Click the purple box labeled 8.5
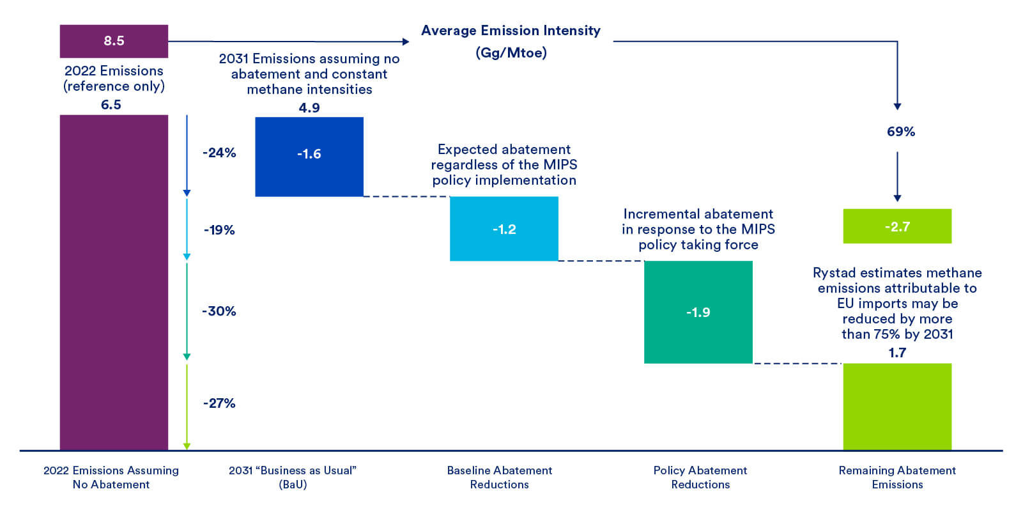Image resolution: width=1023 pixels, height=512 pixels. [114, 41]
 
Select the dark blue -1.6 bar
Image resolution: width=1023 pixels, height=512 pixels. [309, 156]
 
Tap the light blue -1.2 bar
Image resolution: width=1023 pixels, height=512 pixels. [504, 228]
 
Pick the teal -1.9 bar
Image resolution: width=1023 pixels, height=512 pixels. [698, 312]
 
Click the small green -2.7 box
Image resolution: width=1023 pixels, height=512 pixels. [896, 226]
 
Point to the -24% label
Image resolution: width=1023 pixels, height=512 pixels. [219, 153]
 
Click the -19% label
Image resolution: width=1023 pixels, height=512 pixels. [219, 230]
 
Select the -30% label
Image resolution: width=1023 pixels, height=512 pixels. [219, 311]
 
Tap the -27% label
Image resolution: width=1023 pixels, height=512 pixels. [219, 403]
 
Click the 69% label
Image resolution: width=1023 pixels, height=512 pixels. [900, 132]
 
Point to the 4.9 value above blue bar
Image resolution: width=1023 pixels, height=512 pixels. [309, 107]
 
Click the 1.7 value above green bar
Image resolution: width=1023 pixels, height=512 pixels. [896, 353]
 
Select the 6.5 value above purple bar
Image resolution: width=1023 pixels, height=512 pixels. [111, 104]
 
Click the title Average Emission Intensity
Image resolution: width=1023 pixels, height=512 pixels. [511, 31]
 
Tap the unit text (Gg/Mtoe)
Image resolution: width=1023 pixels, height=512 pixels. [511, 52]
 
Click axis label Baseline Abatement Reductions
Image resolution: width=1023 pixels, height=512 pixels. [499, 477]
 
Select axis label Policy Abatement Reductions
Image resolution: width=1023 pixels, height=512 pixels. [700, 477]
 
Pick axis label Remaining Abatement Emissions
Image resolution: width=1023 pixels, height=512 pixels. [896, 477]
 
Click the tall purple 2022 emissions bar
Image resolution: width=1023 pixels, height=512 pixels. [114, 281]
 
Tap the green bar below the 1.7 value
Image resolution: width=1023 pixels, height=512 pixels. [896, 407]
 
